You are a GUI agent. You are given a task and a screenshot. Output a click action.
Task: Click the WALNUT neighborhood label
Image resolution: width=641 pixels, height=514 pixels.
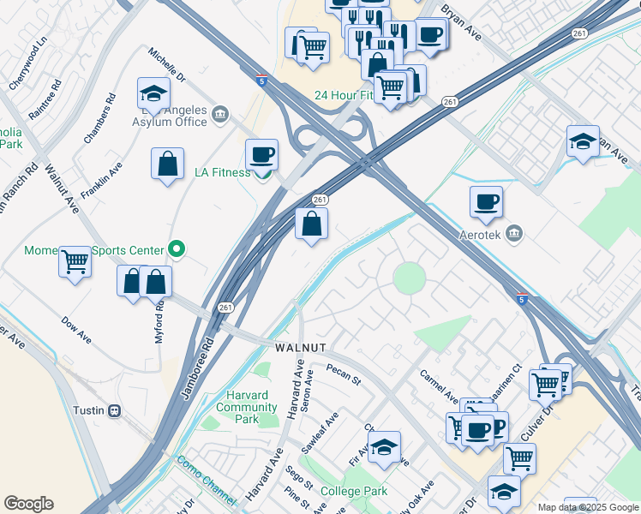tap(300, 349)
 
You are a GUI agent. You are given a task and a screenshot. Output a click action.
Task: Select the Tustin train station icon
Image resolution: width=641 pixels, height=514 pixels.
tap(113, 410)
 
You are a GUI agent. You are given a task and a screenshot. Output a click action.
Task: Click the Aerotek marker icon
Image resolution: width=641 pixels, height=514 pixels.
tap(514, 233)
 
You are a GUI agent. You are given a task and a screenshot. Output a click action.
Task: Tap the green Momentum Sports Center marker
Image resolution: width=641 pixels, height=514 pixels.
tap(177, 250)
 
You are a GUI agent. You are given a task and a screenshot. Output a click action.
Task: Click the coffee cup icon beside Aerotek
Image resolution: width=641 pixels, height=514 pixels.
tap(486, 202)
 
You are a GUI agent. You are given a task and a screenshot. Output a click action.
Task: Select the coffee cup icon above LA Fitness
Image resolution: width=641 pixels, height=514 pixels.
tap(261, 155)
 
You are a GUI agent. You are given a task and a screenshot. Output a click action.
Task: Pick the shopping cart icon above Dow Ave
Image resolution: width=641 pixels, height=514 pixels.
tap(75, 260)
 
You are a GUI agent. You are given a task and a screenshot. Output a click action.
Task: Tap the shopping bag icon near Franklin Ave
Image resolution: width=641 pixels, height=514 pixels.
tap(168, 164)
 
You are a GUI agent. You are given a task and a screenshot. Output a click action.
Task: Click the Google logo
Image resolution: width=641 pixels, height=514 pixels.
tap(28, 504)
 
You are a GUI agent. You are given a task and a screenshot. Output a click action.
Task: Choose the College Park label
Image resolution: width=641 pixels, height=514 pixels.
tap(354, 492)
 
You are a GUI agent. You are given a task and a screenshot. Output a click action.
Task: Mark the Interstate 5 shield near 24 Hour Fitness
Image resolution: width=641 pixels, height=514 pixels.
tap(261, 81)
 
